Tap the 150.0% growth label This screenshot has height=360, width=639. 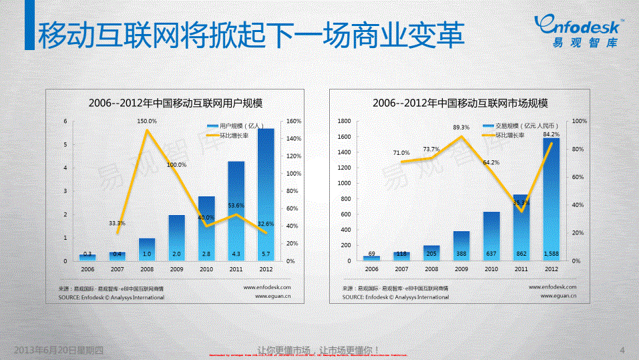[x=147, y=121]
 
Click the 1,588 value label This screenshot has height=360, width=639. [x=552, y=254]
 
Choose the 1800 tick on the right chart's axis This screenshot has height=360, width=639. [x=345, y=121]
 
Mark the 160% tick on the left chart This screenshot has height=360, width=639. [x=294, y=121]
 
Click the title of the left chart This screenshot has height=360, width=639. [x=176, y=103]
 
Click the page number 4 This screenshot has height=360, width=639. [x=622, y=350]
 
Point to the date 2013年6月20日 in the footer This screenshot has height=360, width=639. [x=59, y=350]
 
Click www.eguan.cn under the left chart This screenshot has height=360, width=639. [x=268, y=297]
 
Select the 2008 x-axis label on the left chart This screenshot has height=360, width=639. [x=147, y=269]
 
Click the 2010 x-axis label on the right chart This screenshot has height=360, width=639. [x=491, y=269]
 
